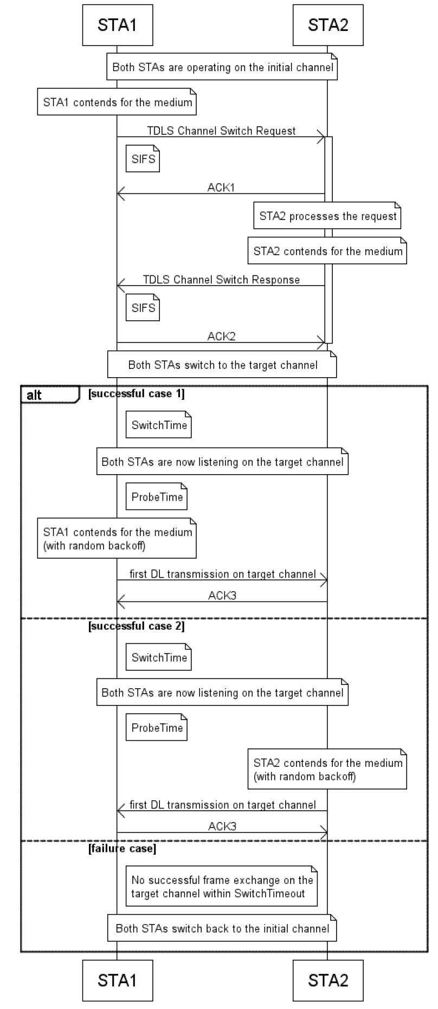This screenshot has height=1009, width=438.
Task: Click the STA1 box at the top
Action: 117,25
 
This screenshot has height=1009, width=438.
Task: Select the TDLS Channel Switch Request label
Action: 221,131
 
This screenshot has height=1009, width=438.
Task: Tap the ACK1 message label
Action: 221,187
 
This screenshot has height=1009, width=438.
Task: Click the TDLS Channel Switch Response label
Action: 221,280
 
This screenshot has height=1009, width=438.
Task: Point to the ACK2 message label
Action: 221,337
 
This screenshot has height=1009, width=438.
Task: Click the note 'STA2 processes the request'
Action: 327,216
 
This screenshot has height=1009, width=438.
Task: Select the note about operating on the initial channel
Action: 222,67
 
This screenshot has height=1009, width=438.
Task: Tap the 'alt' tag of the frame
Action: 35,395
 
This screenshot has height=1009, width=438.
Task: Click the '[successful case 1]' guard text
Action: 136,394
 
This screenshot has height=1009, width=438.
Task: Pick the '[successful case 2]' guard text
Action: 136,626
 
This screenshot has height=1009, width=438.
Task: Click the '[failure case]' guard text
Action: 122,848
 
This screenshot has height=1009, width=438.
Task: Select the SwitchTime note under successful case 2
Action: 158,657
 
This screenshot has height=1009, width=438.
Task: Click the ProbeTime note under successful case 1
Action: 157,497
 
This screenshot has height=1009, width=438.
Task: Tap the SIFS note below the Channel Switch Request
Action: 143,159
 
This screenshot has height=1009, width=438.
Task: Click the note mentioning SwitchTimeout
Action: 221,887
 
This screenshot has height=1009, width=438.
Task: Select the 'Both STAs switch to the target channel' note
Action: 222,365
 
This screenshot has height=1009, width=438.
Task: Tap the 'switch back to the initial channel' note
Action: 222,928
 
